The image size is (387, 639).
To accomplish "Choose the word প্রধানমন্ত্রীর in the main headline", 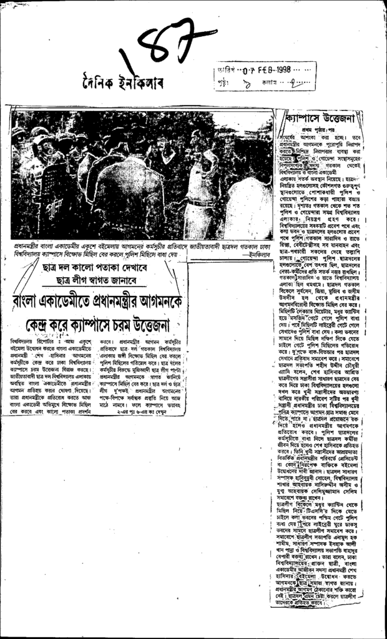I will click(x=119, y=302).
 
